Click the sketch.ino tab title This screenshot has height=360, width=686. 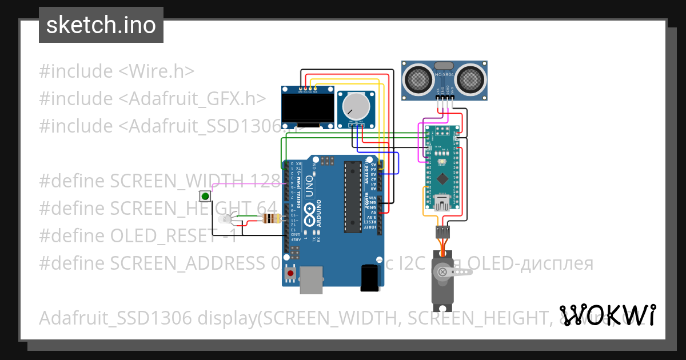click(101, 25)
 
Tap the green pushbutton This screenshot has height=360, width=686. click(205, 197)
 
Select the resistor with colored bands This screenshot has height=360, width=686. click(270, 218)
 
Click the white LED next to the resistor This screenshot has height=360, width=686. click(224, 219)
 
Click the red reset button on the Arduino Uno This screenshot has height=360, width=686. click(291, 274)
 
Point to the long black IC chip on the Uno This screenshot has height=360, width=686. click(353, 197)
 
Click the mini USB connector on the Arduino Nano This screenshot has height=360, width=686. click(442, 202)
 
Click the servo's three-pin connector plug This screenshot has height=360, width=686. click(442, 231)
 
